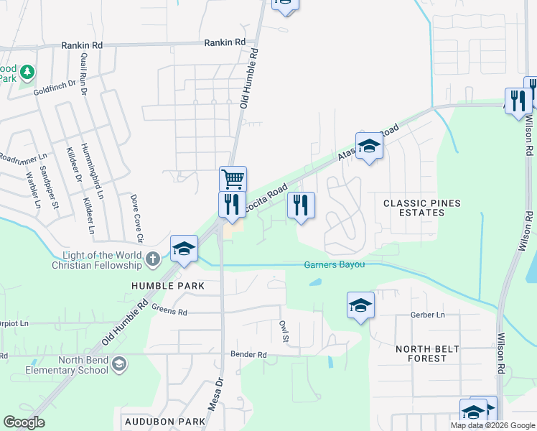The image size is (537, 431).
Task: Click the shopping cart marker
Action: tap(232, 178)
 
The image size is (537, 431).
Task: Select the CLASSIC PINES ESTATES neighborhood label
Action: tap(421, 208)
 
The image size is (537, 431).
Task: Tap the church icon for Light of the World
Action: tap(152, 259)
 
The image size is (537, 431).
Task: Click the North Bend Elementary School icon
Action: tap(118, 365)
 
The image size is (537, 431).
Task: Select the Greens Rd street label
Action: tap(169, 311)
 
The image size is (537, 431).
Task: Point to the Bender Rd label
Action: tap(248, 355)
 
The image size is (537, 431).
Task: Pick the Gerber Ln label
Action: tap(429, 315)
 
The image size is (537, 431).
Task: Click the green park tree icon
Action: tap(27, 72)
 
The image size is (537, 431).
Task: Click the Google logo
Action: tap(24, 422)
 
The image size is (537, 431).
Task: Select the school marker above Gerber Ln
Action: tap(360, 305)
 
